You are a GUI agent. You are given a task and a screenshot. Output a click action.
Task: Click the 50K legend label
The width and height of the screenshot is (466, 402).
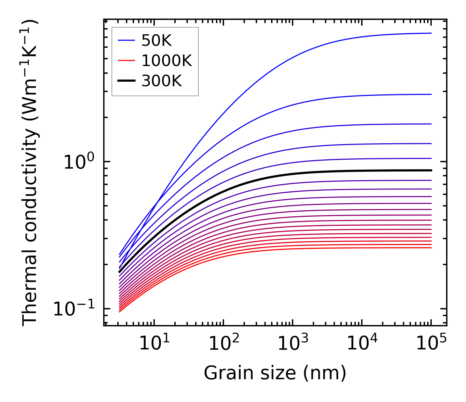[x=156, y=41]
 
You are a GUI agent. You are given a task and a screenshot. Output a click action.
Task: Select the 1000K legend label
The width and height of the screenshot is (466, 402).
[x=166, y=61]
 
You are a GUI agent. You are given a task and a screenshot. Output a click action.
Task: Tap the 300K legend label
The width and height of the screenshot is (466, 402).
[x=162, y=81]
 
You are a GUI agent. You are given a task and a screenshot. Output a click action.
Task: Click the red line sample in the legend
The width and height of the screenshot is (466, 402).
[x=126, y=61]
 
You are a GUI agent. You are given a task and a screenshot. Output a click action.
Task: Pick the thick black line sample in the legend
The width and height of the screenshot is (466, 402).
[x=126, y=81]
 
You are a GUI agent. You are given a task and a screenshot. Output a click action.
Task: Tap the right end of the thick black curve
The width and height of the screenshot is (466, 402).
[x=431, y=170]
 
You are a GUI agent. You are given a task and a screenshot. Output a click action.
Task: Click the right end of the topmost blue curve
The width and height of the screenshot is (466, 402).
[x=431, y=33]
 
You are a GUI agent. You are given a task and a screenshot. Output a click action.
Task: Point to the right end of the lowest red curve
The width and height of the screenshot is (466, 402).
[x=431, y=247]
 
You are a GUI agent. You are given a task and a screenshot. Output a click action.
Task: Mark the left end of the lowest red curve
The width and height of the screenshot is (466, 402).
[x=119, y=312]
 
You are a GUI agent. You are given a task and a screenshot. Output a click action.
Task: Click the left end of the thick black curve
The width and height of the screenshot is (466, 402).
[x=119, y=272]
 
